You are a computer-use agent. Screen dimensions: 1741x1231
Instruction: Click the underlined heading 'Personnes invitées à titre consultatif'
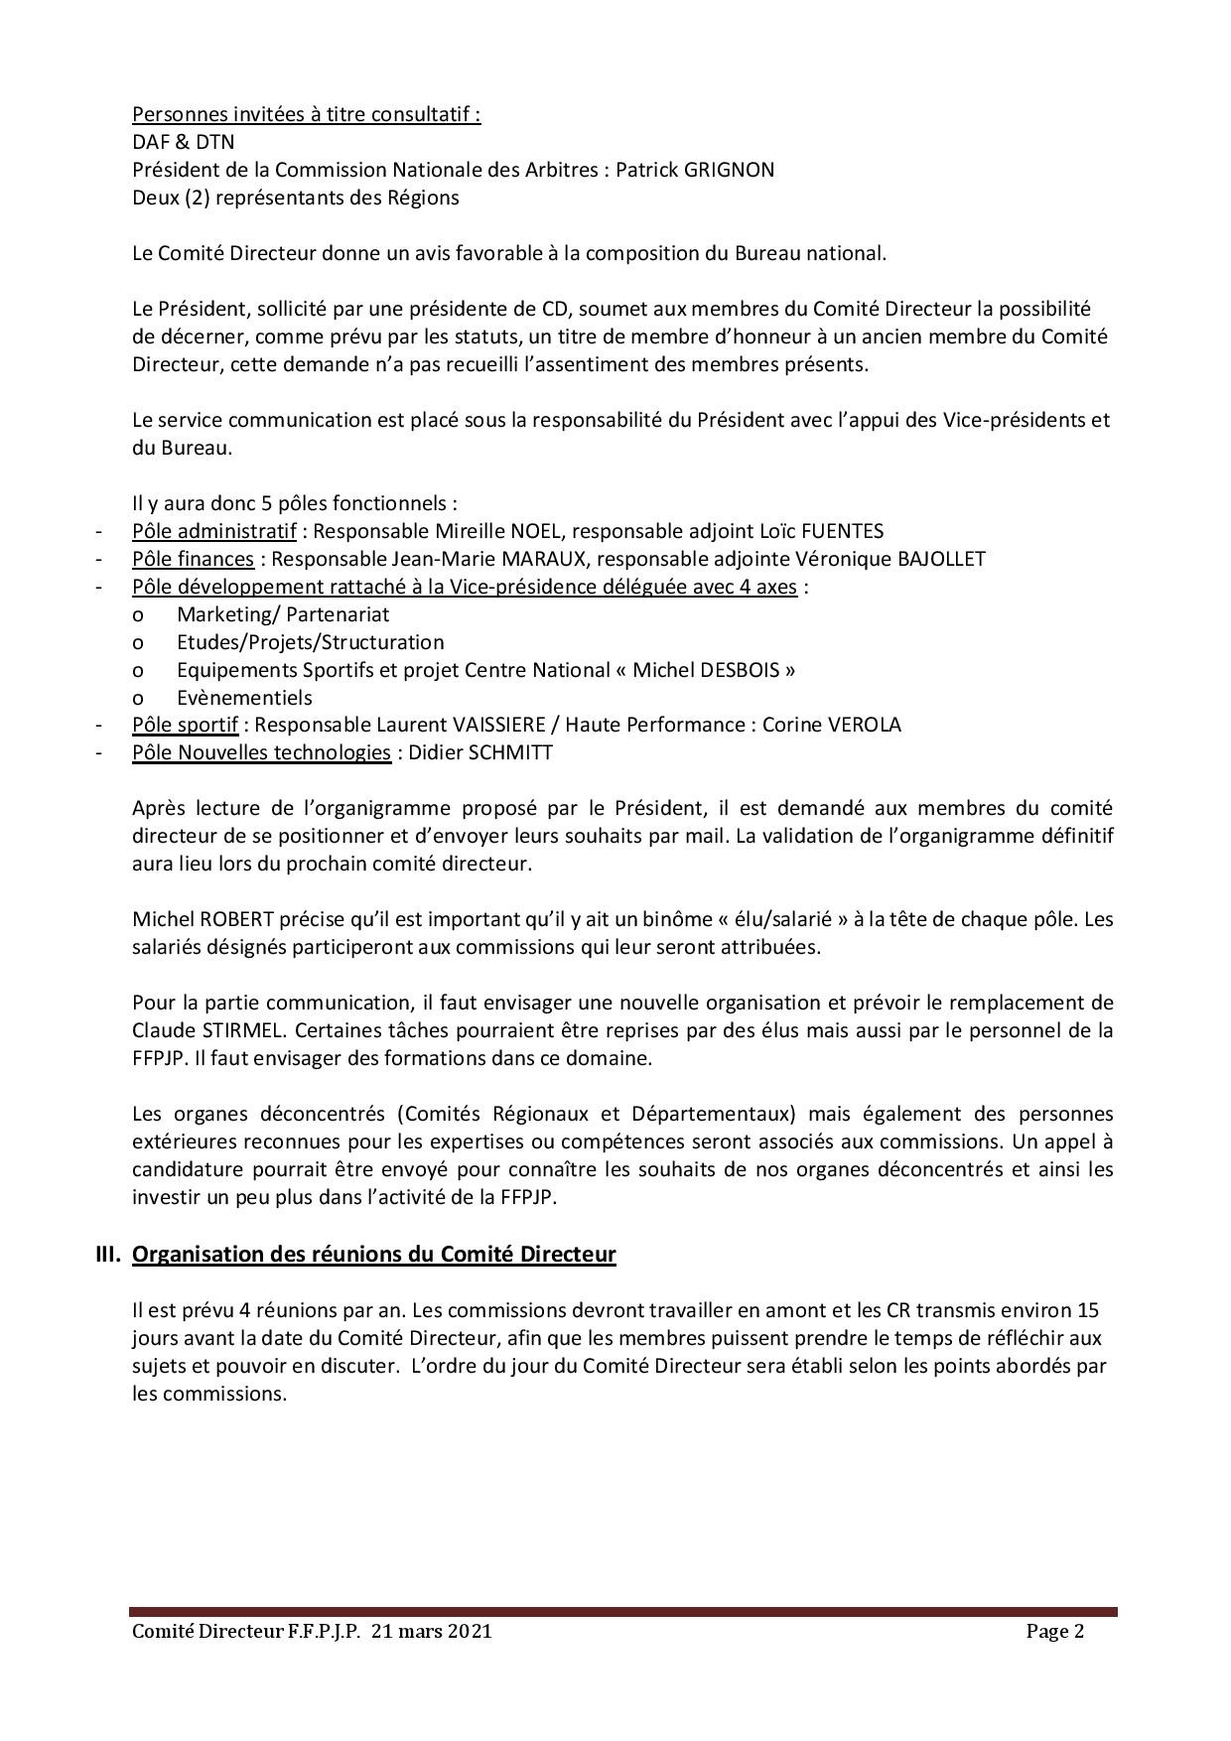306,114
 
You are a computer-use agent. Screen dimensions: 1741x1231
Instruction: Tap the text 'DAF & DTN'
184,142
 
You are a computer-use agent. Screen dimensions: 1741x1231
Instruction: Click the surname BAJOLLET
941,559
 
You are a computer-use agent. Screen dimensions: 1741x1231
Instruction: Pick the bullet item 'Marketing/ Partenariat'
283,614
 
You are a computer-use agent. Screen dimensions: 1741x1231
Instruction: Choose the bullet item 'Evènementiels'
244,698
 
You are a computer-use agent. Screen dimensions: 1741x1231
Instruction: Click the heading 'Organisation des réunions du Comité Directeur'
374,1255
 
